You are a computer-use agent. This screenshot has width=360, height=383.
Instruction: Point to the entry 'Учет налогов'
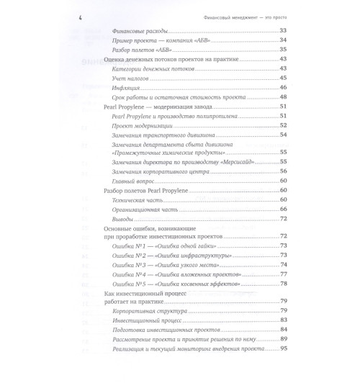click(x=133, y=78)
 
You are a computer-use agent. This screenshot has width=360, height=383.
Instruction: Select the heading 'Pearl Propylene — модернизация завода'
click(x=155, y=107)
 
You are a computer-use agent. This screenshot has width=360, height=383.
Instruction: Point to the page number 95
click(x=282, y=348)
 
